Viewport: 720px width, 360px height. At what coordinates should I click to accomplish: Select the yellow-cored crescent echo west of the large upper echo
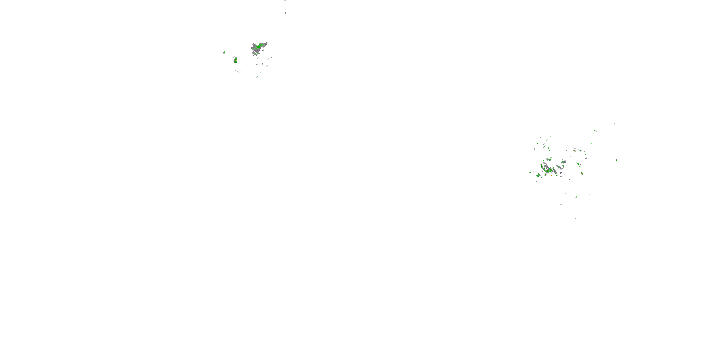(x=236, y=60)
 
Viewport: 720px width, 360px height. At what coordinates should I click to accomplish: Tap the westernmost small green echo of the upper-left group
(x=224, y=52)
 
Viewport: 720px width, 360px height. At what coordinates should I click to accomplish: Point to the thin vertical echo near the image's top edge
(x=285, y=12)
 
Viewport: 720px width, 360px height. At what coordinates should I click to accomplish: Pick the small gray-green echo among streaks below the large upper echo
(x=263, y=63)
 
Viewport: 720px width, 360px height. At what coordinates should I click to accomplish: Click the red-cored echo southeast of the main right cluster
(x=582, y=174)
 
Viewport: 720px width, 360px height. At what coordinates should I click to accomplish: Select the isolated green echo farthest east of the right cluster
(x=616, y=160)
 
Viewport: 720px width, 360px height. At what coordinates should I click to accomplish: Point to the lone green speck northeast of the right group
(x=615, y=124)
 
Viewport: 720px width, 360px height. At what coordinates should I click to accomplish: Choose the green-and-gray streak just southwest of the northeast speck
(x=595, y=131)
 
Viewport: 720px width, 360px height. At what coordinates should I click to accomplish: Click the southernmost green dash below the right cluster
(x=574, y=219)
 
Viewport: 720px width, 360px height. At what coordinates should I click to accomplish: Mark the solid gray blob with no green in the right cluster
(x=561, y=173)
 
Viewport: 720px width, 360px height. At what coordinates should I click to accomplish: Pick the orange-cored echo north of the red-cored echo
(x=574, y=150)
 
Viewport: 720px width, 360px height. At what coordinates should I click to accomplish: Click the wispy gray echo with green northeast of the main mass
(x=563, y=162)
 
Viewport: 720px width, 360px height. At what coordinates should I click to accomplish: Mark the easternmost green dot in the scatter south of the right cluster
(x=589, y=195)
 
